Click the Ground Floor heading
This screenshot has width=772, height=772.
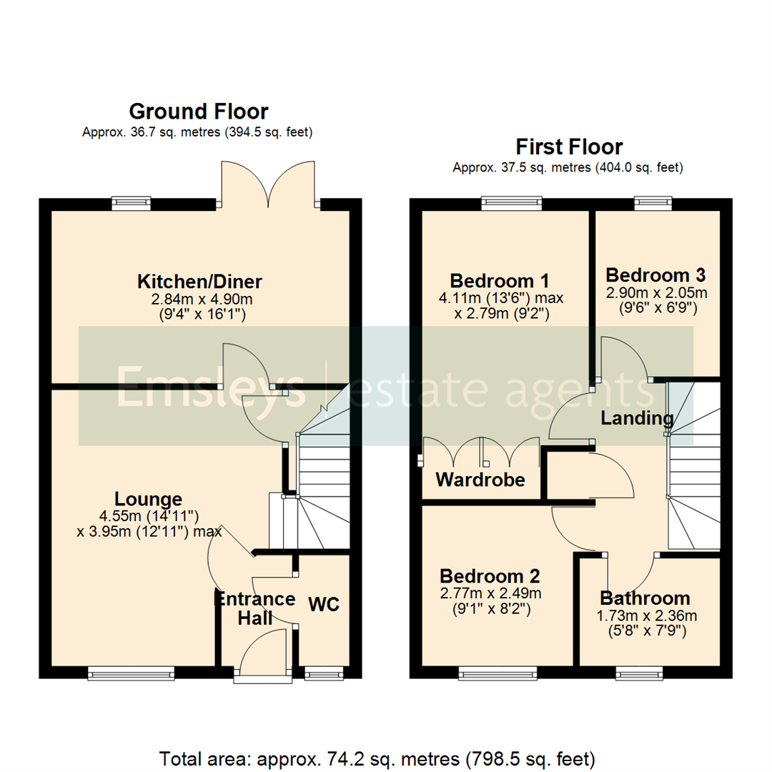coord(198,112)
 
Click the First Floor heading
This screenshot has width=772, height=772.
coord(569,147)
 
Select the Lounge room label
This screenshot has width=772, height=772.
coord(149,499)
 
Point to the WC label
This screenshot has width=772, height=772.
coord(324,605)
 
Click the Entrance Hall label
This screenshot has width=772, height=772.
coord(255,608)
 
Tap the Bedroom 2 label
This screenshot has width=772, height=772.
coord(490,576)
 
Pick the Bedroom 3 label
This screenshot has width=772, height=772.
coord(655,275)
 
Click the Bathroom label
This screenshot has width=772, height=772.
coord(645,598)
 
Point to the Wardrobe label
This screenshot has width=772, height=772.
coord(480,480)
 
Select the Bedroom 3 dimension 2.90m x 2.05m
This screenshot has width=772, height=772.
coord(656,293)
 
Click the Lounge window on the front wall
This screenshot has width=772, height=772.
coord(131,673)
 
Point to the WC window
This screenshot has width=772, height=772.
coord(323,673)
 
